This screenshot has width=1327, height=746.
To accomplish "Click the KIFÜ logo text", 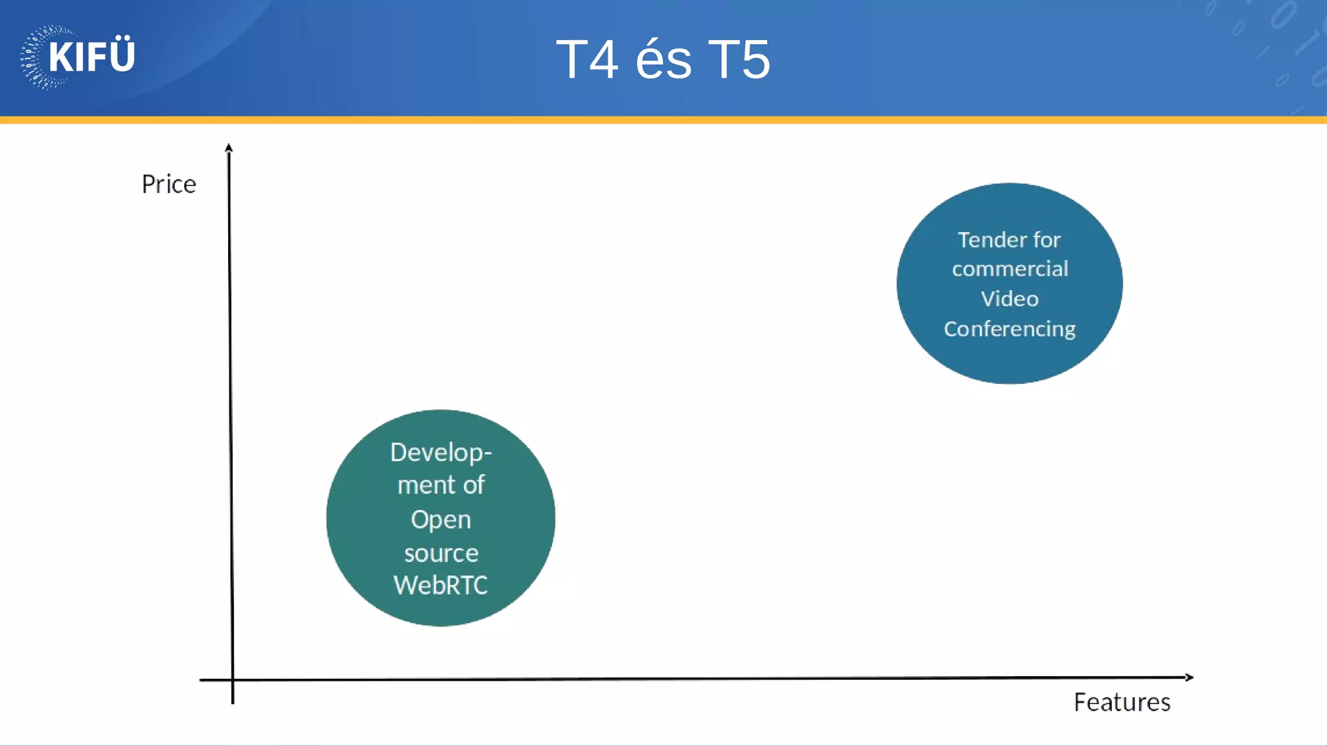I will click(91, 56).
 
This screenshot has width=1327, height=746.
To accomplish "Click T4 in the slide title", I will click(587, 60).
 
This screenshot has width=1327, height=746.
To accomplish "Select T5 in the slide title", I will click(739, 60).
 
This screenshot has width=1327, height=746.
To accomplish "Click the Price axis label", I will click(168, 185).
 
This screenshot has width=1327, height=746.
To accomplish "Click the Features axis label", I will click(1122, 703).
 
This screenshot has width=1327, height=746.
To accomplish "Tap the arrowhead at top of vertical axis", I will click(229, 148).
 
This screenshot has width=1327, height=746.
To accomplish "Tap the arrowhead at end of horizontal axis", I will click(1189, 677).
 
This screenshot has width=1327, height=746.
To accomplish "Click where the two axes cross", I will click(233, 680).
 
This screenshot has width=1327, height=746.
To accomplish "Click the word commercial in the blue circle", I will click(1010, 269).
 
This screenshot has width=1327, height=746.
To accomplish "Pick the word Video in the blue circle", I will click(1009, 299).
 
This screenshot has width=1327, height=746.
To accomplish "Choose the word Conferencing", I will click(1010, 330).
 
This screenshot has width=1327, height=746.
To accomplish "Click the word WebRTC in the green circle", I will click(441, 585).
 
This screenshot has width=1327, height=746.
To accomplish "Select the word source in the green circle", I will click(441, 554).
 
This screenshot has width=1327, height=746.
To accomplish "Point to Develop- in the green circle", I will click(441, 453).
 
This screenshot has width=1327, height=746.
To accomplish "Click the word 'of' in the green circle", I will click(474, 485).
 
